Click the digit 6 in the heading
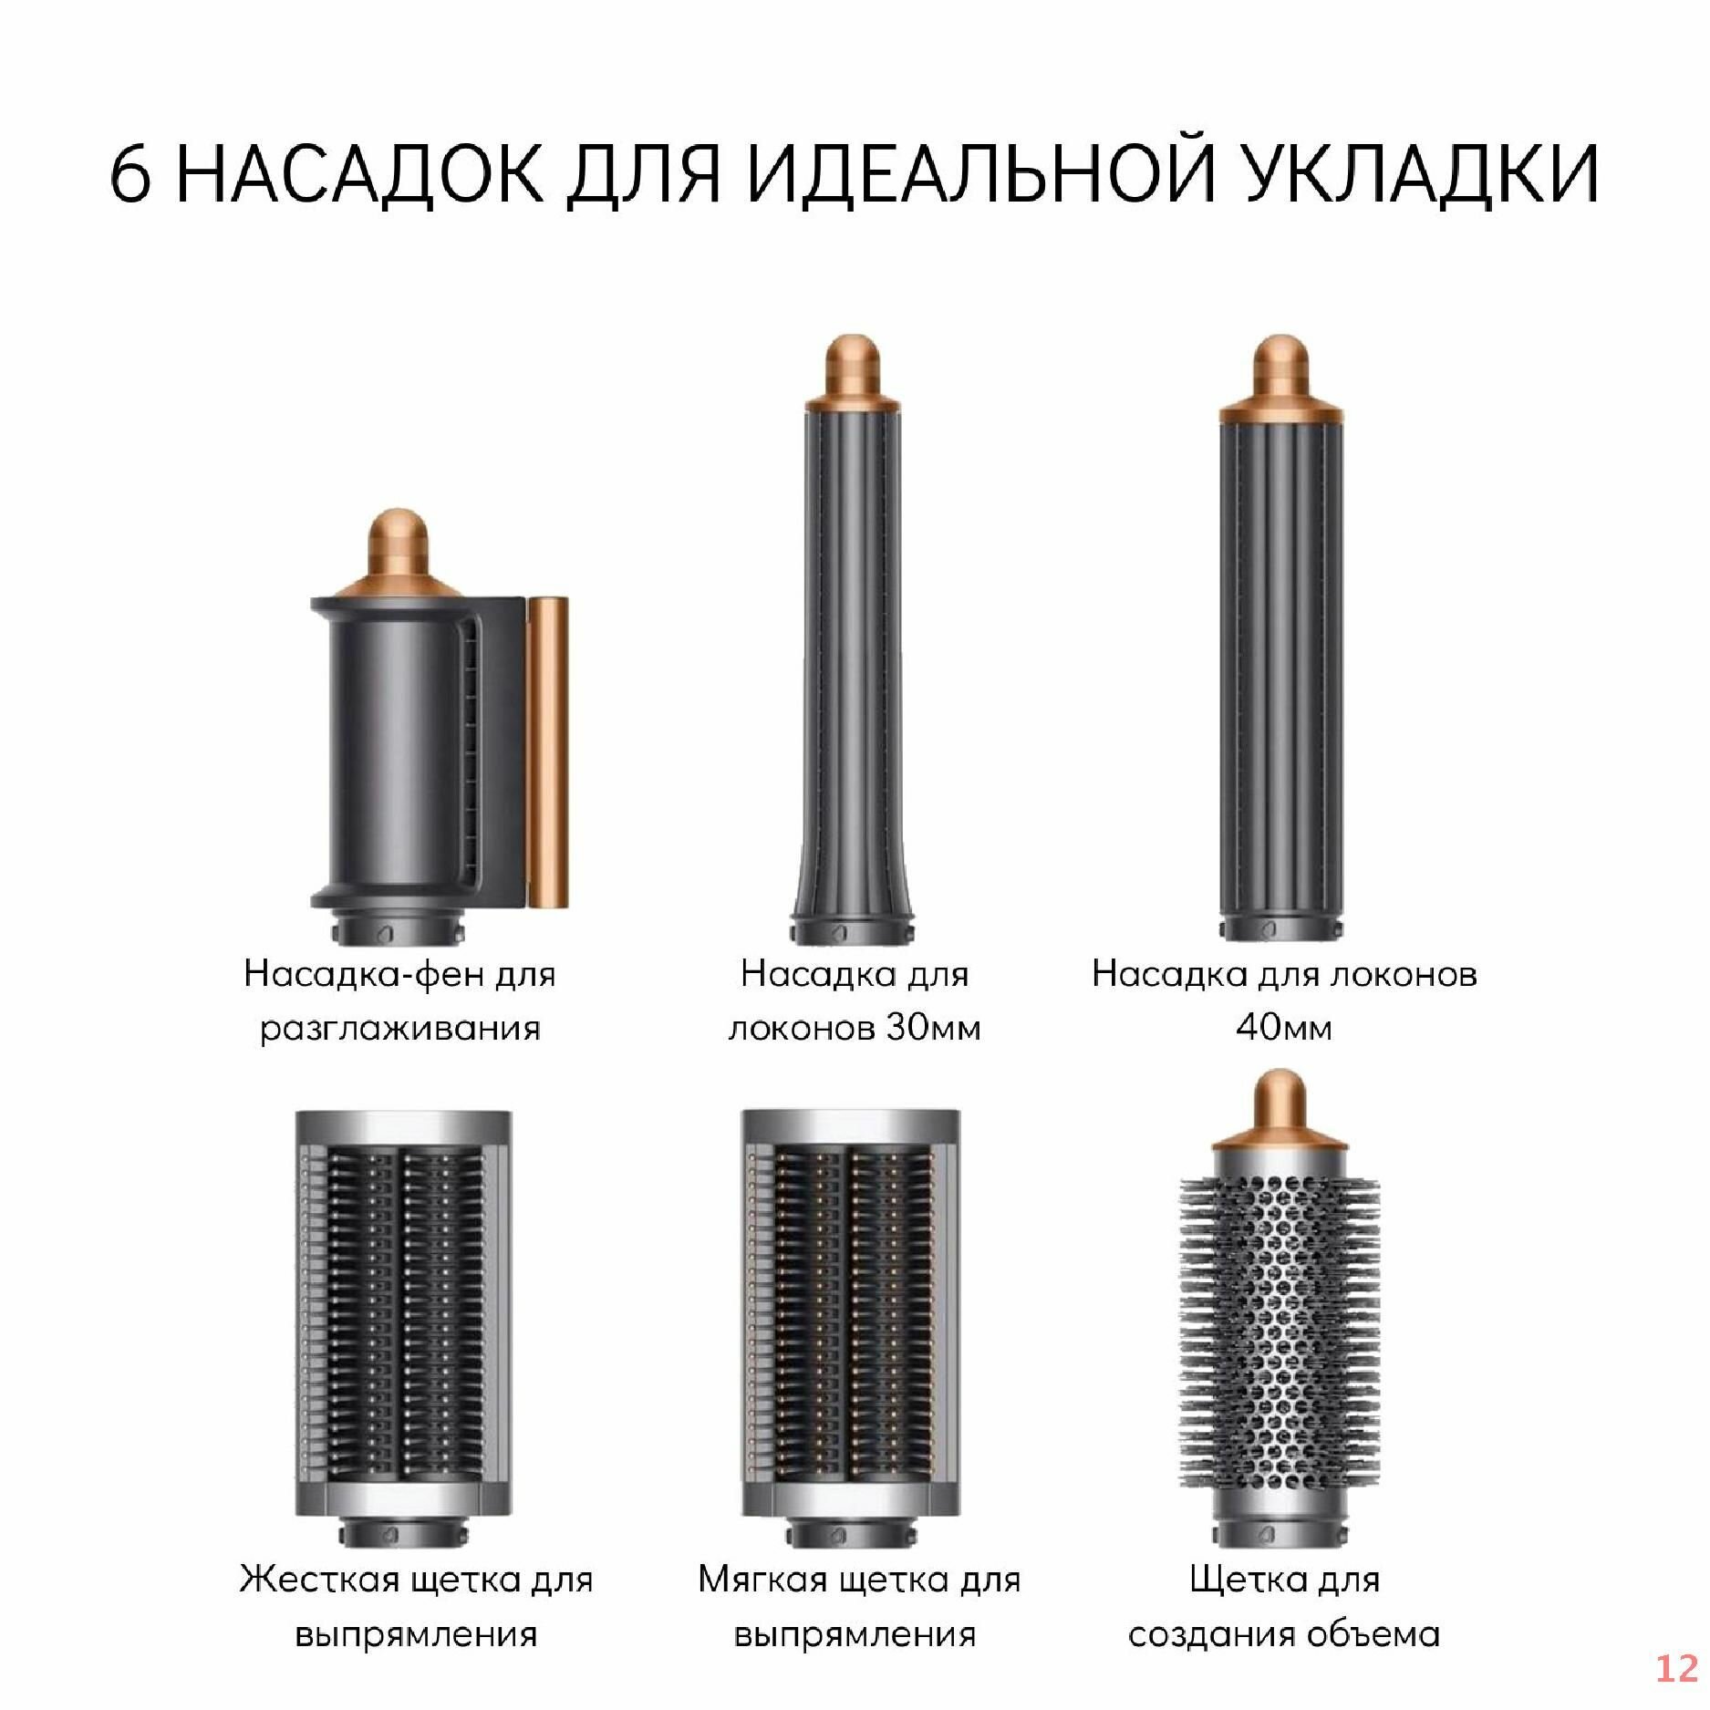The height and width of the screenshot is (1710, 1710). [x=130, y=173]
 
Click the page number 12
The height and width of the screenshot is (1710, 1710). [x=1675, y=1668]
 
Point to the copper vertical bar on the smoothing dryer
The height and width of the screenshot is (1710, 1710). [x=548, y=752]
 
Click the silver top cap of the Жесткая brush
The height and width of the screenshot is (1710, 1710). [x=401, y=1126]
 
